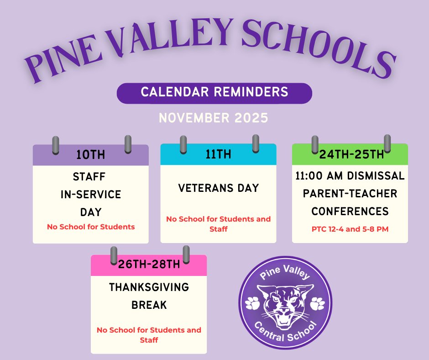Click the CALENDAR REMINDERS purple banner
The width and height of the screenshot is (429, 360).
click(214, 93)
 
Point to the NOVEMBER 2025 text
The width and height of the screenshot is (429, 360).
click(213, 118)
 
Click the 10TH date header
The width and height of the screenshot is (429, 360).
click(90, 155)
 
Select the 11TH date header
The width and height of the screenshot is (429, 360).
click(218, 154)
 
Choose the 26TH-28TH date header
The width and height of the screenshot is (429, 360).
click(149, 265)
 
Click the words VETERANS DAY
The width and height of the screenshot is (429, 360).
click(218, 188)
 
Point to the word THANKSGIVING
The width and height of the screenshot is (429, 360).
click(149, 287)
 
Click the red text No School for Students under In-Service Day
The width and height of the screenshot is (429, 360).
click(90, 227)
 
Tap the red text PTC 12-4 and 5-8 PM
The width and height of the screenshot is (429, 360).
click(350, 229)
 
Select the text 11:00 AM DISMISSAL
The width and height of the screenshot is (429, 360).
click(350, 176)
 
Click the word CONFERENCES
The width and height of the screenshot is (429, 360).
click(350, 212)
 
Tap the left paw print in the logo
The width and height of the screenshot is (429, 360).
click(252, 302)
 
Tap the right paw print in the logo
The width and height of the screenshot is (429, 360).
click(318, 302)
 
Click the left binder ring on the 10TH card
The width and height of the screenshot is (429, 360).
click(56, 144)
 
